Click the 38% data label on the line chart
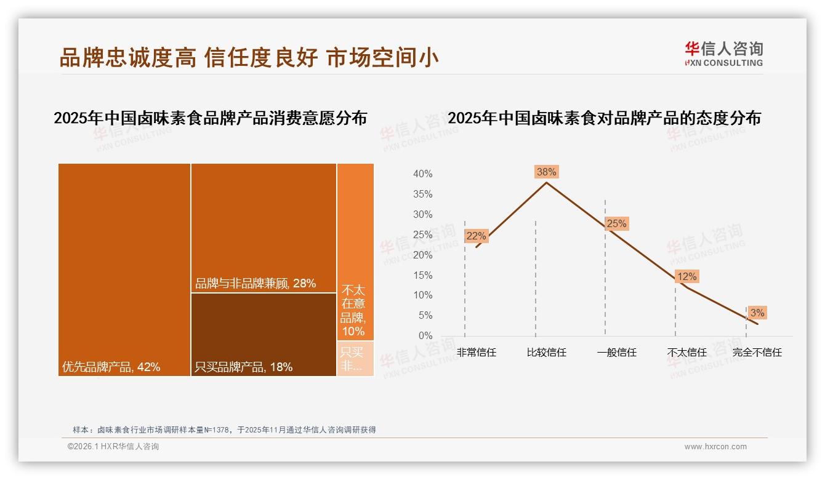546,172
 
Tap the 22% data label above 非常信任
476,236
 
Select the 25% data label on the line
616,224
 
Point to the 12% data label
686,277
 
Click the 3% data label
757,313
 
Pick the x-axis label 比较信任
546,353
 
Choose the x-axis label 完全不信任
757,353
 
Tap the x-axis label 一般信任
616,353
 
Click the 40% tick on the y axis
422,174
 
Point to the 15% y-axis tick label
422,275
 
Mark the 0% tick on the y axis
425,336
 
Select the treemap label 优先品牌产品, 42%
111,367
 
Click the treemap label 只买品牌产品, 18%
243,367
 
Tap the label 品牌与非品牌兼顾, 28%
255,283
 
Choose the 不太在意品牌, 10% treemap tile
355,252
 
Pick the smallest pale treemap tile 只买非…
355,358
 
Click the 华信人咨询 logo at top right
723,54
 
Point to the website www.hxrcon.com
715,447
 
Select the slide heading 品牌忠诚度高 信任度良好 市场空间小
249,58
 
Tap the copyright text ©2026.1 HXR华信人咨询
113,447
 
